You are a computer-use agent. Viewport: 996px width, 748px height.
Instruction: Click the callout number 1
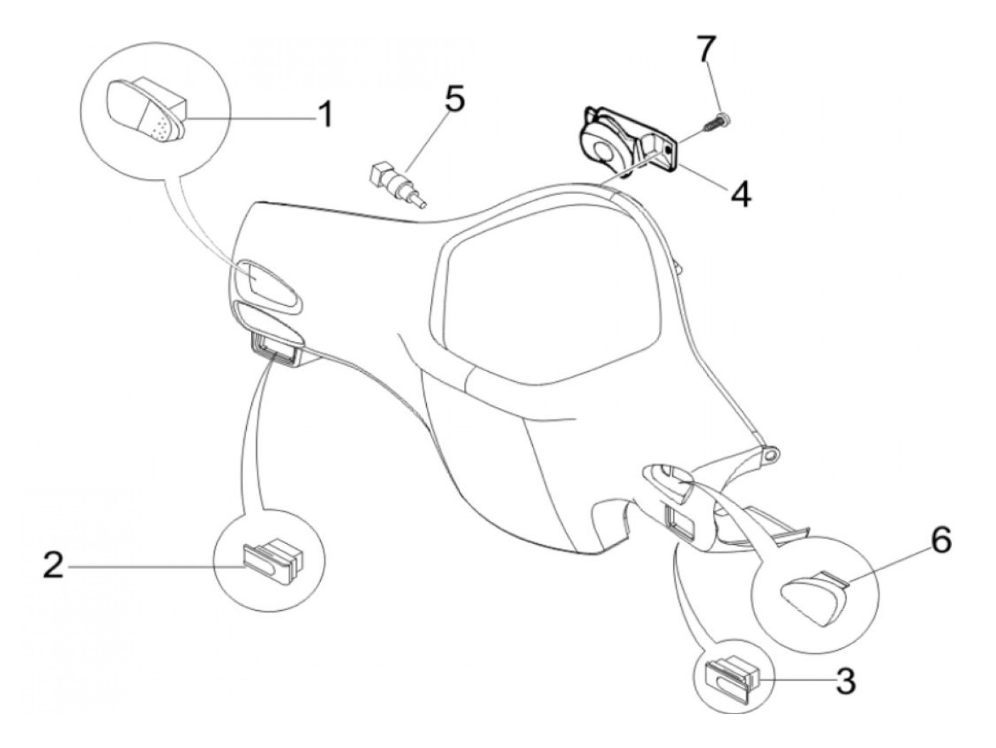(324, 114)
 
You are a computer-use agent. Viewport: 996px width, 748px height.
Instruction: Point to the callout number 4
(741, 193)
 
